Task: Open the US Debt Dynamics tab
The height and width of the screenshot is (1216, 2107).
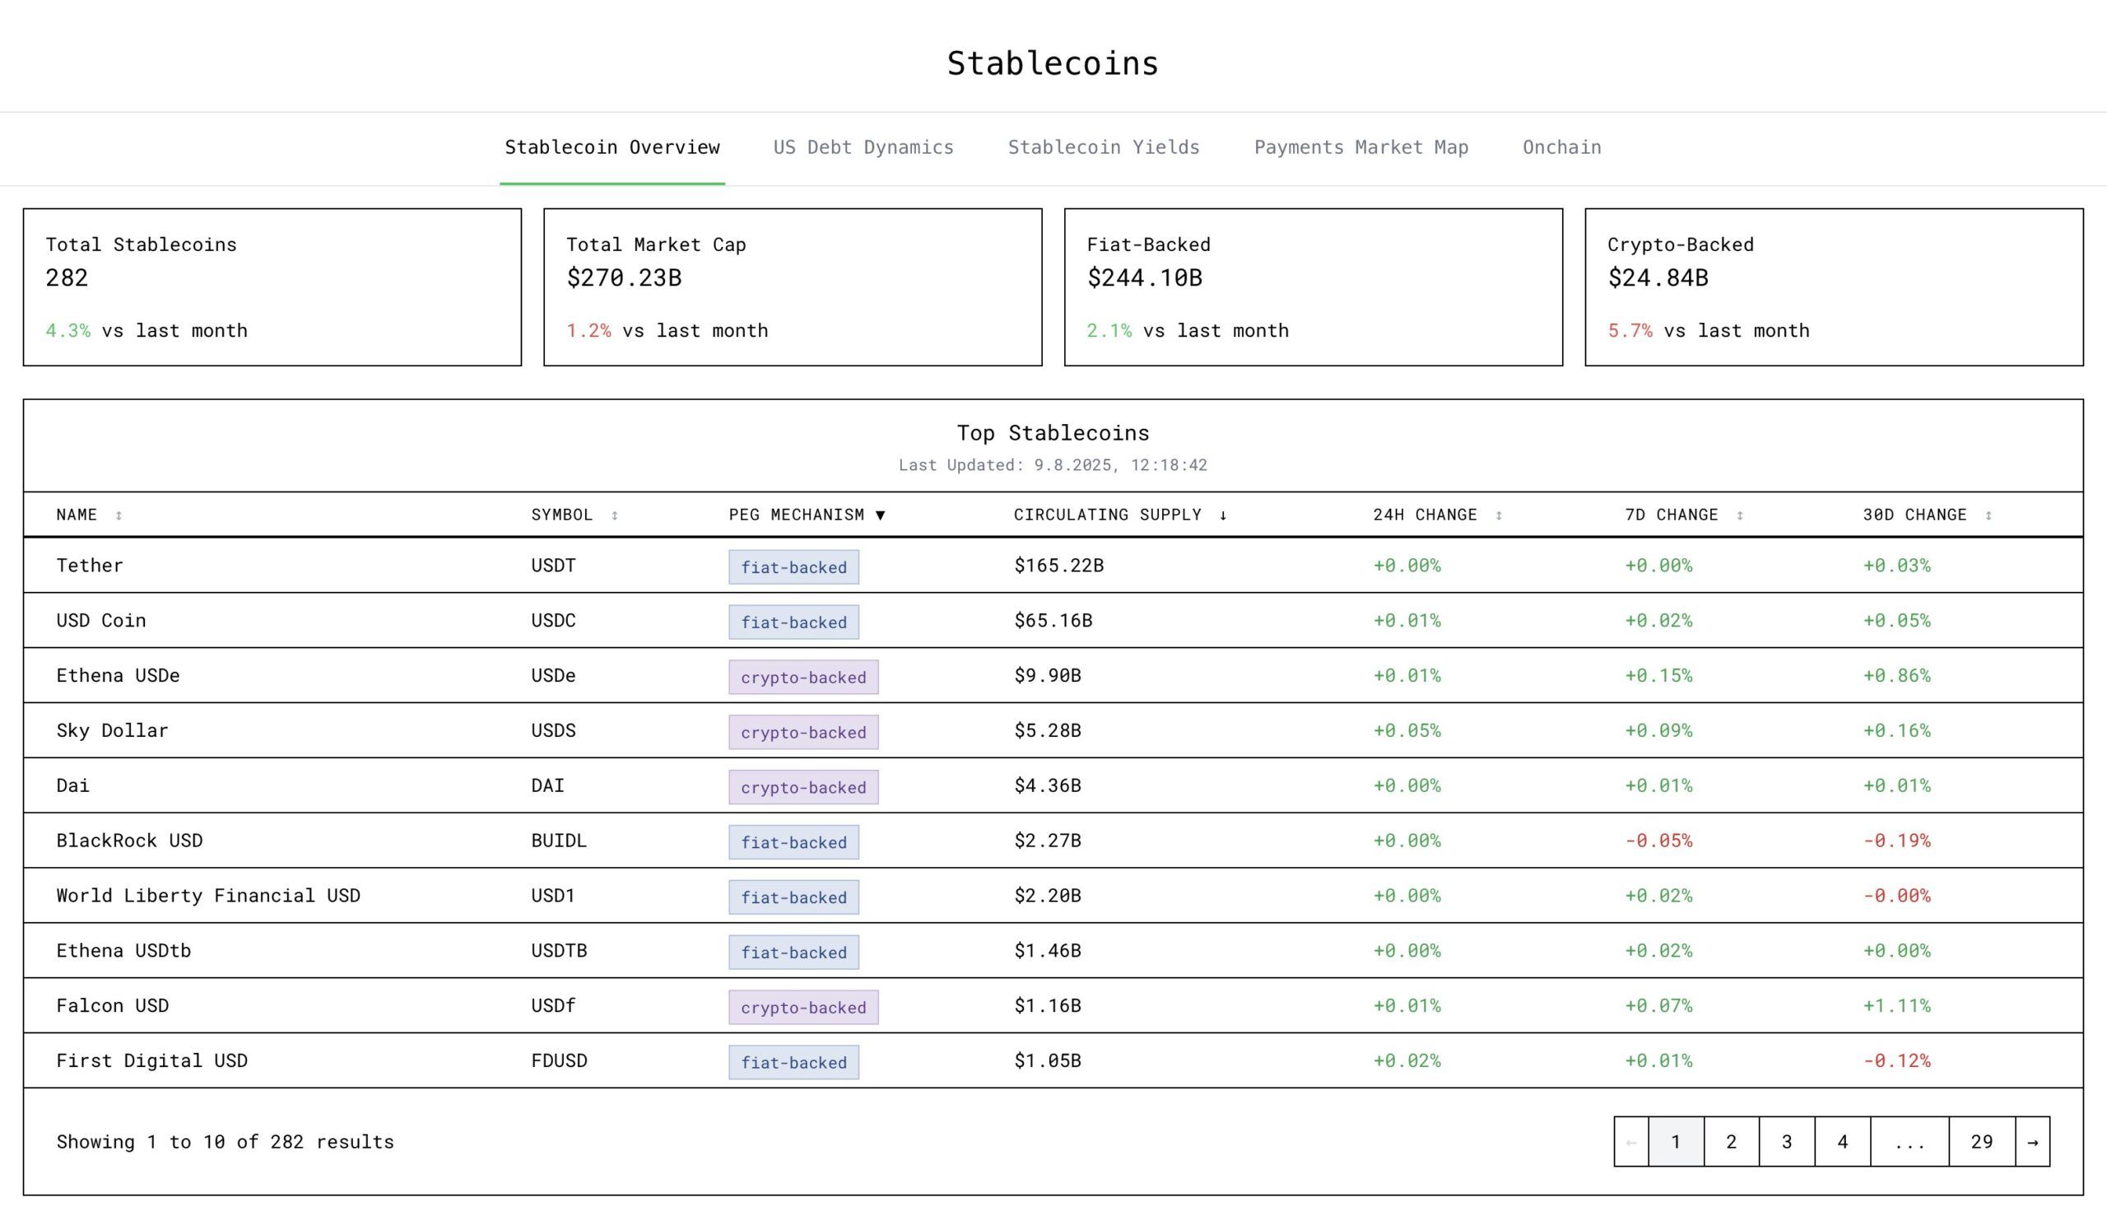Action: tap(863, 148)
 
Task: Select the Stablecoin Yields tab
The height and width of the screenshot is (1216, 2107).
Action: tap(1103, 148)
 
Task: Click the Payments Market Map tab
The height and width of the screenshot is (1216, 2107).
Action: tap(1360, 148)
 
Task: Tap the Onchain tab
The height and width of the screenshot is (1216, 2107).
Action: tap(1561, 148)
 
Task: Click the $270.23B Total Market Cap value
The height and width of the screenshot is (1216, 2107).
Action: tap(624, 278)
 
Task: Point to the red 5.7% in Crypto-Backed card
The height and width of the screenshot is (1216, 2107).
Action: tap(1630, 331)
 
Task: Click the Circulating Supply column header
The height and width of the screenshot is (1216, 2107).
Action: tap(1108, 515)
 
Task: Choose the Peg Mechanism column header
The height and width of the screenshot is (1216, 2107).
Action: tap(797, 515)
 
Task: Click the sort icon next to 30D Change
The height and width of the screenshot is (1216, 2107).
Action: tap(1988, 516)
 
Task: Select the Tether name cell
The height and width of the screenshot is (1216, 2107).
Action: tap(91, 566)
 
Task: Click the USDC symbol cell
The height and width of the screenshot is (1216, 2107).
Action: tap(553, 621)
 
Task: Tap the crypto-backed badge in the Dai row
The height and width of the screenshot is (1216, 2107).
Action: tap(803, 787)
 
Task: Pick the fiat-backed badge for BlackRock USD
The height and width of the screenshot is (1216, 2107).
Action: tap(793, 842)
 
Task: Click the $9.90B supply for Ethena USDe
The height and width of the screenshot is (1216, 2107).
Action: tap(1047, 676)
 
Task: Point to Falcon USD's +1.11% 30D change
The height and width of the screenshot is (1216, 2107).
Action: tap(1895, 1005)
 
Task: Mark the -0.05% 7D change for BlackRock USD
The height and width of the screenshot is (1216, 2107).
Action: tap(1658, 841)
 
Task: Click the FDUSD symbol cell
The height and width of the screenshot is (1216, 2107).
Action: tap(560, 1060)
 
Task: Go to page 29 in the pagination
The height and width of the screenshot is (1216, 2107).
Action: tap(1981, 1142)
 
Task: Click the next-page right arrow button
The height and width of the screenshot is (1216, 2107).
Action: tap(2032, 1142)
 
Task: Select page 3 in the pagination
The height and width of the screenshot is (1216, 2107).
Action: tap(1787, 1142)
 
